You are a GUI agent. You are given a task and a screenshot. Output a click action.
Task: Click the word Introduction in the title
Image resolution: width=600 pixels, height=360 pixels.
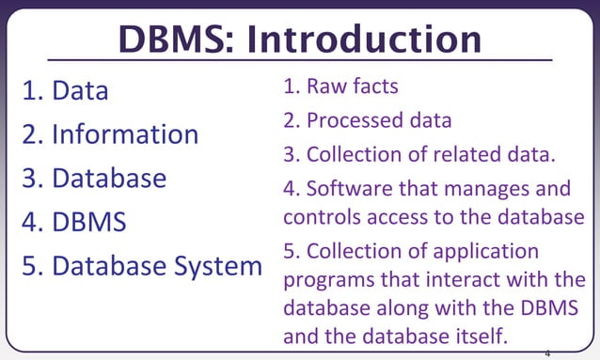[366, 39]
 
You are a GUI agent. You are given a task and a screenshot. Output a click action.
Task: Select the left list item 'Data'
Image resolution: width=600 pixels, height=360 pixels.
[80, 91]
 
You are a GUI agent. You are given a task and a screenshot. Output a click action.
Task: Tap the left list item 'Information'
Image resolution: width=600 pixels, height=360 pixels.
[124, 134]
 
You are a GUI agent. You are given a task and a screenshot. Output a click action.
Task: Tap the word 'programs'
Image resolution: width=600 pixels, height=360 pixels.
[325, 281]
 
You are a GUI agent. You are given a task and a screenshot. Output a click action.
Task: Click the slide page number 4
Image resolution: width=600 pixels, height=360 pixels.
[547, 353]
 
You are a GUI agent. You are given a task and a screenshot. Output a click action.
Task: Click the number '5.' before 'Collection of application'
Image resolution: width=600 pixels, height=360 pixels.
[292, 252]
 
